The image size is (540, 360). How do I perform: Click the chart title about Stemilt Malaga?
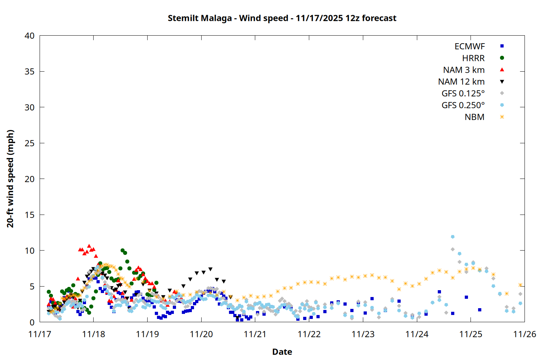(x=282, y=18)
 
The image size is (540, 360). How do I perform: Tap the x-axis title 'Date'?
(x=282, y=352)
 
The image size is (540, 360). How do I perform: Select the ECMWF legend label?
(x=469, y=46)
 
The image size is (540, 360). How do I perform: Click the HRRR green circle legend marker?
(x=502, y=58)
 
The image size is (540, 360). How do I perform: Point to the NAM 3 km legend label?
(x=464, y=70)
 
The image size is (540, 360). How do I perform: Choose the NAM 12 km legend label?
(x=461, y=82)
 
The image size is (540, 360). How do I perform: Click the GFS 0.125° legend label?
(x=463, y=94)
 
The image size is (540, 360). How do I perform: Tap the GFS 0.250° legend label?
(x=463, y=105)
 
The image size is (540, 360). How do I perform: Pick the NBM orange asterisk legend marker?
(x=502, y=117)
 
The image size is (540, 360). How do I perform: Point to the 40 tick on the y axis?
(x=30, y=36)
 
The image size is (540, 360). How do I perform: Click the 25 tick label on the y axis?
(x=30, y=143)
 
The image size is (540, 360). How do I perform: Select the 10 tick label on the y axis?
(x=30, y=251)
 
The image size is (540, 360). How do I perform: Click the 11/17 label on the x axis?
(x=40, y=334)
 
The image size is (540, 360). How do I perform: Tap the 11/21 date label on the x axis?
(x=255, y=334)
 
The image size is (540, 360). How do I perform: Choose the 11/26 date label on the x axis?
(x=525, y=334)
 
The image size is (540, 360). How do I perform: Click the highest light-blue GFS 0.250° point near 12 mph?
(x=453, y=237)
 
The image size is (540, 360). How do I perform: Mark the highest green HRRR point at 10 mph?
(x=123, y=250)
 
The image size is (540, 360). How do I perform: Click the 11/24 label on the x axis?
(x=417, y=334)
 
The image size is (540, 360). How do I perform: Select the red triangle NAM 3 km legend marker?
(x=502, y=70)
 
